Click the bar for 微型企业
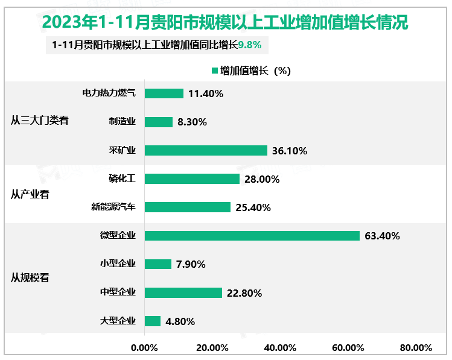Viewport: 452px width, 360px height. [252, 236]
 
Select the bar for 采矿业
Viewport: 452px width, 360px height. [206, 151]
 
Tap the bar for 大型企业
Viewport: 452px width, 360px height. [153, 321]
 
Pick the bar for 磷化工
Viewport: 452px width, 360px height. [192, 179]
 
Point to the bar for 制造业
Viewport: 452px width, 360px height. [159, 122]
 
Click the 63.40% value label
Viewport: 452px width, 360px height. [383, 236]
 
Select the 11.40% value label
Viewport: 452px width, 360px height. [206, 93]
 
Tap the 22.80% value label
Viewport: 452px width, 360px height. [244, 293]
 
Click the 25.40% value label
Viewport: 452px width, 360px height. [253, 207]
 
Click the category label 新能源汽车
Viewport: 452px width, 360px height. [113, 207]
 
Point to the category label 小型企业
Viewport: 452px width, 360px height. [118, 264]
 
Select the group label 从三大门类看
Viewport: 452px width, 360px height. [40, 120]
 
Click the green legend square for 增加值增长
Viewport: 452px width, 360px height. [214, 71]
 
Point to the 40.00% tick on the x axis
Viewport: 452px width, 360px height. [281, 347]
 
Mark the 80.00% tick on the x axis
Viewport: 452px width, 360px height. [416, 347]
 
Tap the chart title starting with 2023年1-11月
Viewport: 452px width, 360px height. [226, 22]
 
